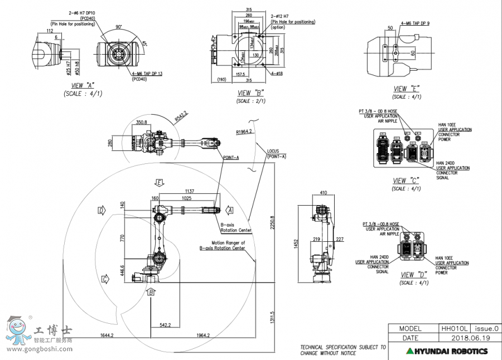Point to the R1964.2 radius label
[x=244, y=132]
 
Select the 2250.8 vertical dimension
[x=273, y=222]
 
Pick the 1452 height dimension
[x=297, y=244]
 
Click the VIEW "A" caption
[x=82, y=85]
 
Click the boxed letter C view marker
[x=104, y=279]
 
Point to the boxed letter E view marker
[x=160, y=182]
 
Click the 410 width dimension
[x=323, y=193]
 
